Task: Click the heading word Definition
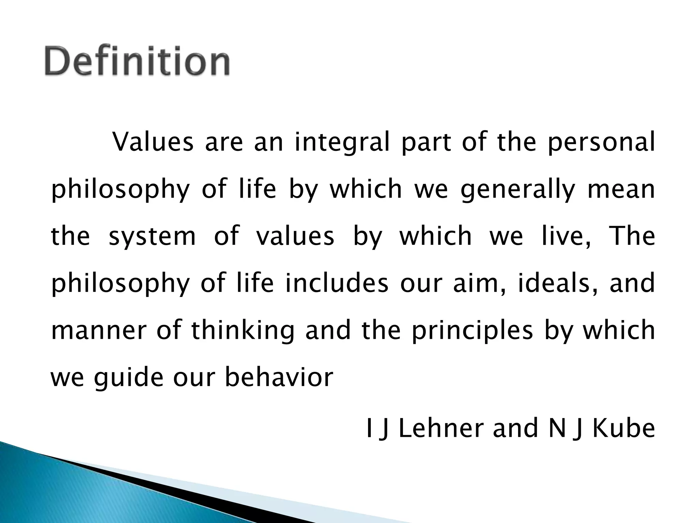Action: pyautogui.click(x=137, y=61)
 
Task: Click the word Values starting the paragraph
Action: pyautogui.click(x=153, y=142)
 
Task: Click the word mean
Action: pyautogui.click(x=621, y=189)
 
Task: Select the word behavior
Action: pyautogui.click(x=279, y=377)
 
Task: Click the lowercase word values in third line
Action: pyautogui.click(x=295, y=236)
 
